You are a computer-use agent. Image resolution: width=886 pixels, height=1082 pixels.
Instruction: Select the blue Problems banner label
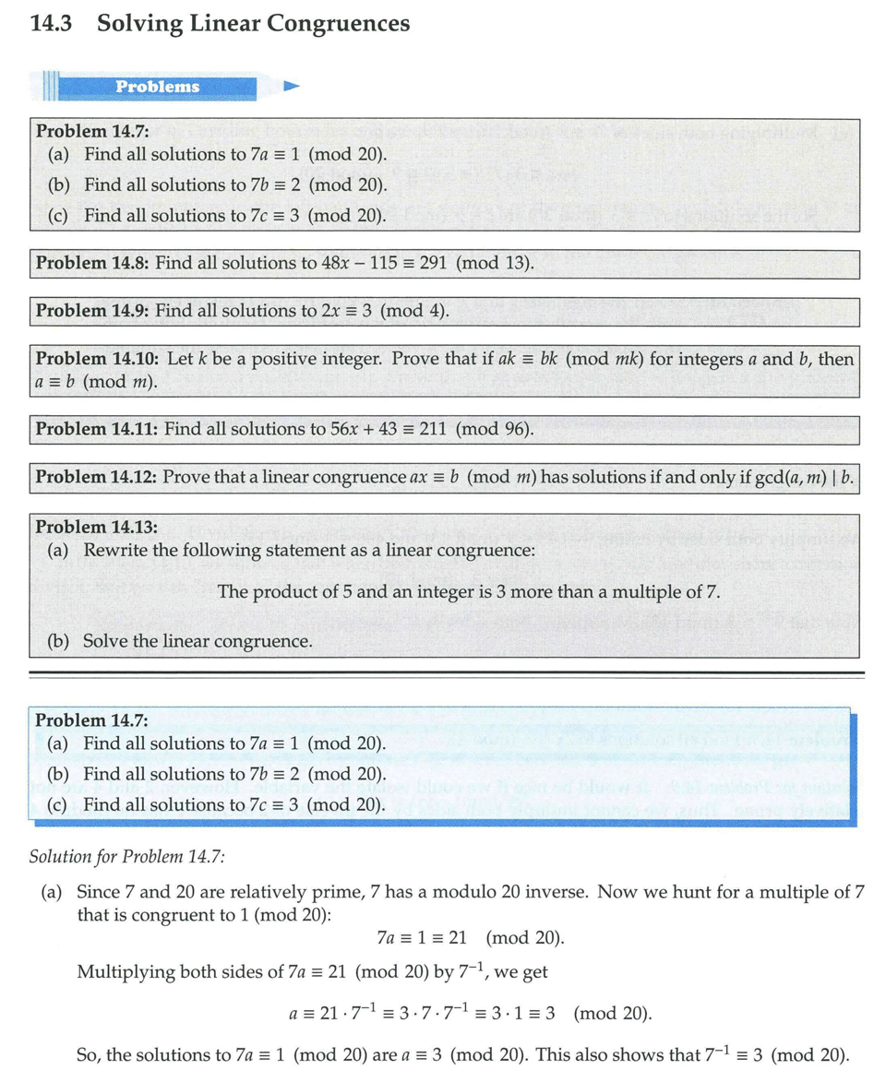(x=157, y=87)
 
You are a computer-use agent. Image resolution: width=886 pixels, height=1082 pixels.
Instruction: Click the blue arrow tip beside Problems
(x=292, y=87)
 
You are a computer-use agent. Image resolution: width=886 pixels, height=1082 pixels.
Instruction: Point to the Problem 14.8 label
(x=92, y=264)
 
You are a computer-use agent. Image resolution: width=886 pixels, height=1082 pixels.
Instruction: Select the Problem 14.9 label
(x=92, y=311)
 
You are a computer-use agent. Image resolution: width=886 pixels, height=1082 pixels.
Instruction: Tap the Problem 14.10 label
(x=96, y=359)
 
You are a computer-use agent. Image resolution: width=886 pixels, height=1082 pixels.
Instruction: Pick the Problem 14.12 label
(x=96, y=477)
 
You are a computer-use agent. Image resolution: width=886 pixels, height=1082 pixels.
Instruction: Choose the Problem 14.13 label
(x=96, y=528)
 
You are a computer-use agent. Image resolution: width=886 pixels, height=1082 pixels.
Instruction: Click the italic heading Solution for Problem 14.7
(x=127, y=856)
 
